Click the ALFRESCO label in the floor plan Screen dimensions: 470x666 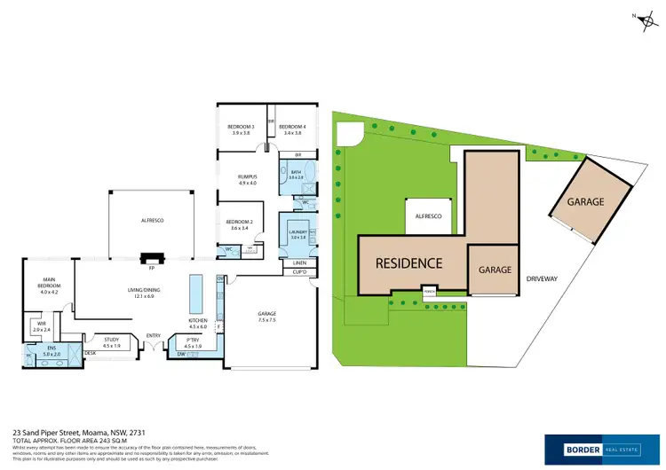click(151, 219)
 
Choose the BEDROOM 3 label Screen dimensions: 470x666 click(242, 128)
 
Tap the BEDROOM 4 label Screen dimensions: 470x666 click(292, 128)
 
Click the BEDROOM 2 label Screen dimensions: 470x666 click(240, 222)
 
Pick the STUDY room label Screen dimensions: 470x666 click(111, 340)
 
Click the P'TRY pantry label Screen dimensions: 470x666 click(194, 341)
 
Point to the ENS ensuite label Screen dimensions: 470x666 click(51, 349)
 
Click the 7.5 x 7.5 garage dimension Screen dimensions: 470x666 click(267, 320)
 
